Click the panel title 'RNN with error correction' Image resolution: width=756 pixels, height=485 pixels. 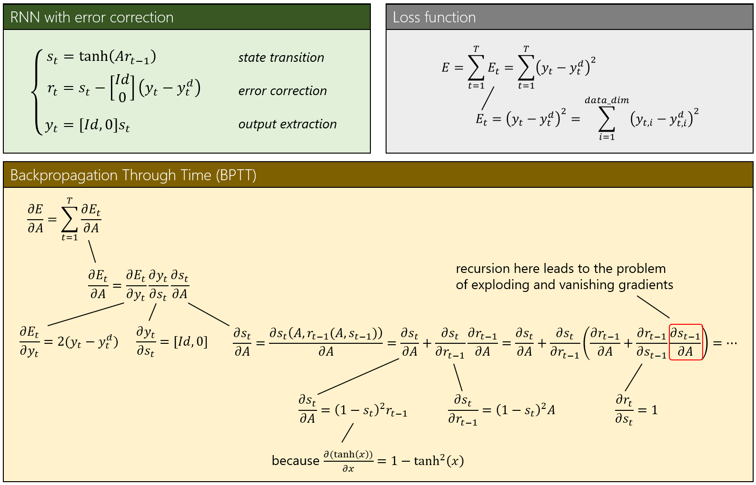click(92, 17)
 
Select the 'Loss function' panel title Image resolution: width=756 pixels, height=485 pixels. click(434, 17)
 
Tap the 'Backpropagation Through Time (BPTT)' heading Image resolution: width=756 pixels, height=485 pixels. click(133, 175)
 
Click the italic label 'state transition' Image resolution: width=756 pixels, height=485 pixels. click(281, 58)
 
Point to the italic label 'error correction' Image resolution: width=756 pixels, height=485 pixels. click(282, 91)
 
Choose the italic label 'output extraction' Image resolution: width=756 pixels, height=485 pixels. click(288, 124)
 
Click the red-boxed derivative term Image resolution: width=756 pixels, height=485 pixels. click(686, 342)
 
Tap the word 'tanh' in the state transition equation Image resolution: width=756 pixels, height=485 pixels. click(93, 56)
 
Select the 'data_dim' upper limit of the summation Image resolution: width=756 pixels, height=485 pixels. click(607, 100)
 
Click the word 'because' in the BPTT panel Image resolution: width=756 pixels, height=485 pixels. click(295, 461)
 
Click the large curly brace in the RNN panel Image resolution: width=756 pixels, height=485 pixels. click(37, 92)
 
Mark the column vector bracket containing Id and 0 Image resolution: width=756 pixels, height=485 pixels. click(122, 88)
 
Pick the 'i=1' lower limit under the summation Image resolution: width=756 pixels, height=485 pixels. click(607, 137)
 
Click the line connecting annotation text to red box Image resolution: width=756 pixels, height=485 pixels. click(653, 307)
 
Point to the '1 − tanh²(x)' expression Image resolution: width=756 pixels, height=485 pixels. click(428, 460)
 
